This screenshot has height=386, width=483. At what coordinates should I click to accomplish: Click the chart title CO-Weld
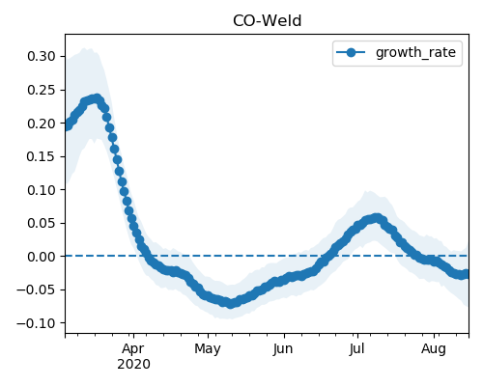(x=267, y=21)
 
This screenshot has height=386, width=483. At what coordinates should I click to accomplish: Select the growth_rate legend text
(x=415, y=52)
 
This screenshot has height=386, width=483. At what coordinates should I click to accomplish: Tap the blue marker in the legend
(x=351, y=52)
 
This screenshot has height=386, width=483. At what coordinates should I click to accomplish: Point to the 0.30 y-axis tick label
(x=42, y=56)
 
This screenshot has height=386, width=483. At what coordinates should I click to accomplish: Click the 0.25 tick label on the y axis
(x=42, y=90)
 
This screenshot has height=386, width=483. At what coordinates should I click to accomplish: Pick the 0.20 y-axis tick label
(x=42, y=124)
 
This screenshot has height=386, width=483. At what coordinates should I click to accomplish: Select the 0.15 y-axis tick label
(x=42, y=156)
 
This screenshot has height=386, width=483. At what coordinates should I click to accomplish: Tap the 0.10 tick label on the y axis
(x=42, y=190)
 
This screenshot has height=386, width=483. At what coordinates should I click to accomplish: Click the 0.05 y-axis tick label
(x=42, y=223)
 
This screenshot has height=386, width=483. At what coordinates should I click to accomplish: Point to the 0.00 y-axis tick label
(x=42, y=257)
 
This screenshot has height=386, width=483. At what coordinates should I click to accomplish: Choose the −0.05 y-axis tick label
(x=37, y=289)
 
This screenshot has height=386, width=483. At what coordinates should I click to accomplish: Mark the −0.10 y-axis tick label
(x=37, y=323)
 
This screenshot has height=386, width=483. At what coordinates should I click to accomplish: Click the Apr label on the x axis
(x=133, y=349)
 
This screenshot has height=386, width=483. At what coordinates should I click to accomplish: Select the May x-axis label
(x=208, y=349)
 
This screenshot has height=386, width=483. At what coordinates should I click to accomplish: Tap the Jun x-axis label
(x=283, y=349)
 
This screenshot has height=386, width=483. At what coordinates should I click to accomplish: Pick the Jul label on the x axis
(x=356, y=349)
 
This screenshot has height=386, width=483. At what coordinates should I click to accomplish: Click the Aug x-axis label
(x=434, y=349)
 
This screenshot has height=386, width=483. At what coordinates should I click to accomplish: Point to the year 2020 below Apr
(x=133, y=364)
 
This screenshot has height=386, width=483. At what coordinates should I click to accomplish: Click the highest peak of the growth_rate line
(x=96, y=98)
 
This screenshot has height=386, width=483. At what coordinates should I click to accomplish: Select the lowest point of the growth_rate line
(x=230, y=303)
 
